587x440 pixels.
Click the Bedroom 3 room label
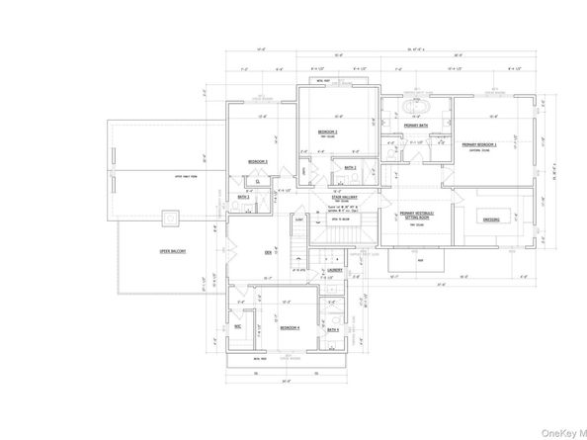(258, 160)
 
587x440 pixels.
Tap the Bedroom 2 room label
(329, 132)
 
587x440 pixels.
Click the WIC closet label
(238, 325)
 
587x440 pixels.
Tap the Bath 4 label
(334, 328)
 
